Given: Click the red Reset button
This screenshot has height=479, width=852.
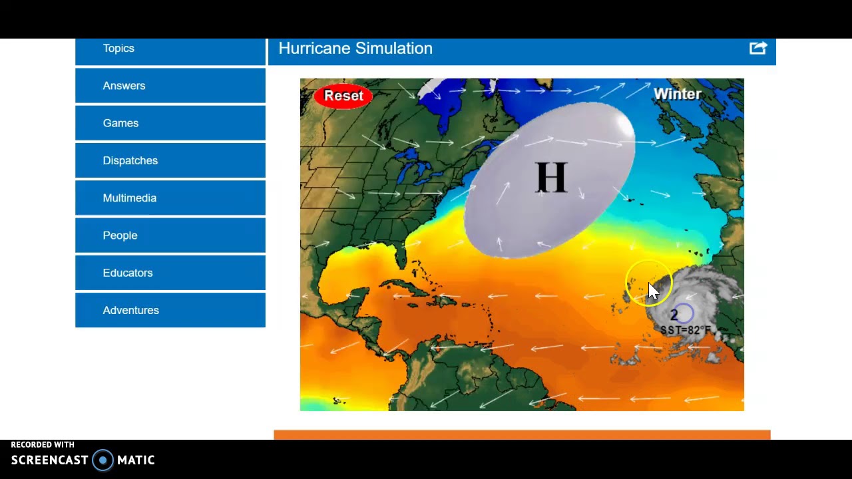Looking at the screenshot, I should (343, 96).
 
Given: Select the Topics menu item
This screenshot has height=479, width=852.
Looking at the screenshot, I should (118, 49).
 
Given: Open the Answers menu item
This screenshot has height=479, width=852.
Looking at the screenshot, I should (124, 86).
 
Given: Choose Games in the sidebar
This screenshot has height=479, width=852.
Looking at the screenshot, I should (120, 123).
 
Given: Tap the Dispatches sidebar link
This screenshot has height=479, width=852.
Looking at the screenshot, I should (130, 160).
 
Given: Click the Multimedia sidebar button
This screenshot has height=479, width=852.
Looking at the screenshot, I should (129, 198).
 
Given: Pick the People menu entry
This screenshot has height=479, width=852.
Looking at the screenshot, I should (120, 236).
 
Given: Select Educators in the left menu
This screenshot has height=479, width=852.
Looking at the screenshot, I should (127, 273).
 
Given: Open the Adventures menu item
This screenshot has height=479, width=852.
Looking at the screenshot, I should (130, 310).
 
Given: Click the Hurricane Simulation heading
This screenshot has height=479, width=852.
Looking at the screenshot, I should (355, 49).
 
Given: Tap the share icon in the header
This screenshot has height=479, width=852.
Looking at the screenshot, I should (758, 48).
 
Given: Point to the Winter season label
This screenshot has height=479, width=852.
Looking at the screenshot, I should (677, 94).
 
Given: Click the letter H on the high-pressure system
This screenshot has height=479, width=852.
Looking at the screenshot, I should (551, 178).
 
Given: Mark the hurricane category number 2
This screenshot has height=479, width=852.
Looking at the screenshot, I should (674, 315).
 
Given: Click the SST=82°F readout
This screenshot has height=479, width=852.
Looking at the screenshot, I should (686, 330).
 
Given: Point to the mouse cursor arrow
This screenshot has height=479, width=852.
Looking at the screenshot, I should (653, 291).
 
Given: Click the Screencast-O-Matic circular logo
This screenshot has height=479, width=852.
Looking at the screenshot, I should (103, 460).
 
